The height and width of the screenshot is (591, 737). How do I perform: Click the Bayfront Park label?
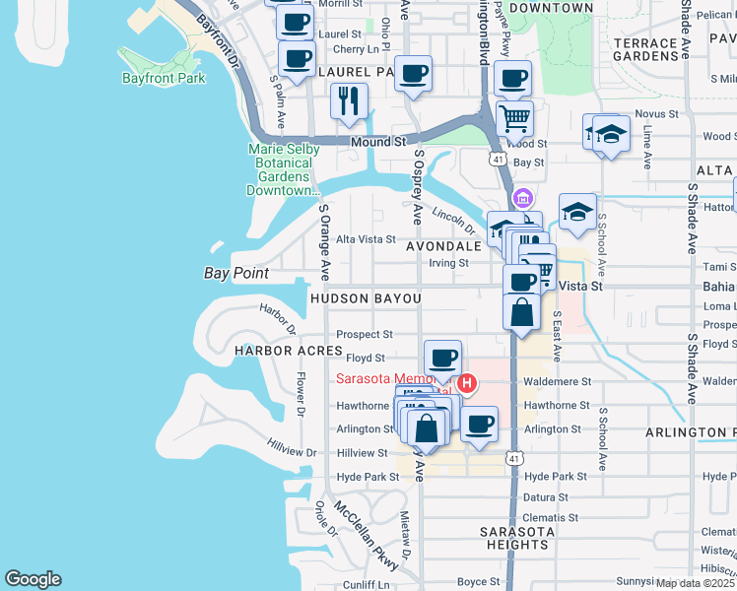164,78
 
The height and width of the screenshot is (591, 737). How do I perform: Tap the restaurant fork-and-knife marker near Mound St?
349,101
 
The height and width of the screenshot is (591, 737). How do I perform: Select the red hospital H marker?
468,381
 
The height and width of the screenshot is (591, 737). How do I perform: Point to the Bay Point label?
236,273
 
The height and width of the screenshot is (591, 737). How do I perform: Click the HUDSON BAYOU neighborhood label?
366,297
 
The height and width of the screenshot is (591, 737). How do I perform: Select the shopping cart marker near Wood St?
514,118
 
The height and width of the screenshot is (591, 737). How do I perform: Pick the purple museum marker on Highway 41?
524,198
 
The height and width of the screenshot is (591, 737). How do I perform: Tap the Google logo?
33,579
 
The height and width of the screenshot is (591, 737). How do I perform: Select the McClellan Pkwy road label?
367,536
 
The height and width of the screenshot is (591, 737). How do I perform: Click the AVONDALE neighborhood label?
442,246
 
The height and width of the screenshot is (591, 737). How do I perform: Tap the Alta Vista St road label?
367,239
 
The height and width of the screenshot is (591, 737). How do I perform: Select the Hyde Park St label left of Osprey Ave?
368,477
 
